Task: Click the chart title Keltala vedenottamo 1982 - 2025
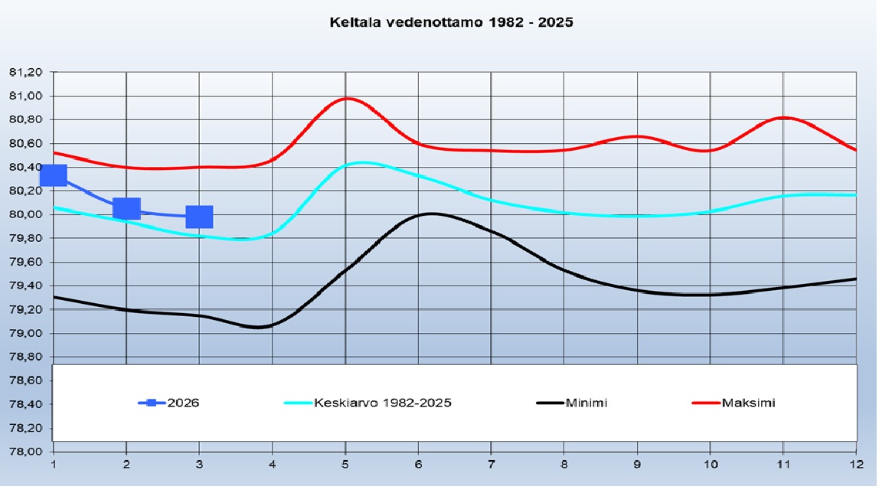click(451, 22)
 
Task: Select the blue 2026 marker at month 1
click(53, 175)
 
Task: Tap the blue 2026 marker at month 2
click(126, 207)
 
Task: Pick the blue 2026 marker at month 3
click(199, 217)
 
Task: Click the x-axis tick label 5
click(345, 464)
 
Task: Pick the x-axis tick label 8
click(564, 464)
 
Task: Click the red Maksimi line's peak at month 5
click(347, 98)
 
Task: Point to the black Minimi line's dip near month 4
click(260, 327)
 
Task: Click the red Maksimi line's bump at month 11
click(783, 117)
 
